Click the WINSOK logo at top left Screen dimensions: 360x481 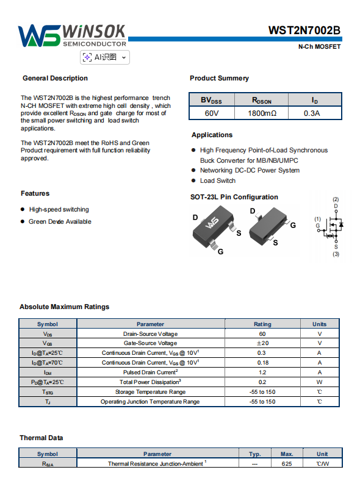pos(72,35)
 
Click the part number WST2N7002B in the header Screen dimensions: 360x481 pos(304,30)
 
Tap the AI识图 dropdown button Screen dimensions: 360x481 pos(105,57)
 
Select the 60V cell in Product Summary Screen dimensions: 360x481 pos(212,113)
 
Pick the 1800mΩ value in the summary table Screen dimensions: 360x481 pos(262,113)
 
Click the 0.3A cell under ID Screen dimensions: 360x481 pos(312,113)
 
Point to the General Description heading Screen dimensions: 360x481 pos(56,78)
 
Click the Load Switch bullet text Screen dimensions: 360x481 pos(218,180)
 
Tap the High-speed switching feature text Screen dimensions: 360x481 pos(59,210)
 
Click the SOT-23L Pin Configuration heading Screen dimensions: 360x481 pos(234,197)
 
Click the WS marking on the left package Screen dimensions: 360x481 pos(212,223)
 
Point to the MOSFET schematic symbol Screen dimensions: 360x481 pos(331,227)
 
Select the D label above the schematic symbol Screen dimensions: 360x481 pos(336,206)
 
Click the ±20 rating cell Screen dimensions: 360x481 pos(262,343)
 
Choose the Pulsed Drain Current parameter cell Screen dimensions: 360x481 pos(150,372)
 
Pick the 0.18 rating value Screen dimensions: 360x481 pos(263,363)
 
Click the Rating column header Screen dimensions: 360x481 pos(262,324)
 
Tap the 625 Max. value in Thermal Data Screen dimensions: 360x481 pos(287,463)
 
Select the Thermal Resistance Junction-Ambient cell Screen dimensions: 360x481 pos(157,463)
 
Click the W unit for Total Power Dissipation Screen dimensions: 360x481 pos(320,382)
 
